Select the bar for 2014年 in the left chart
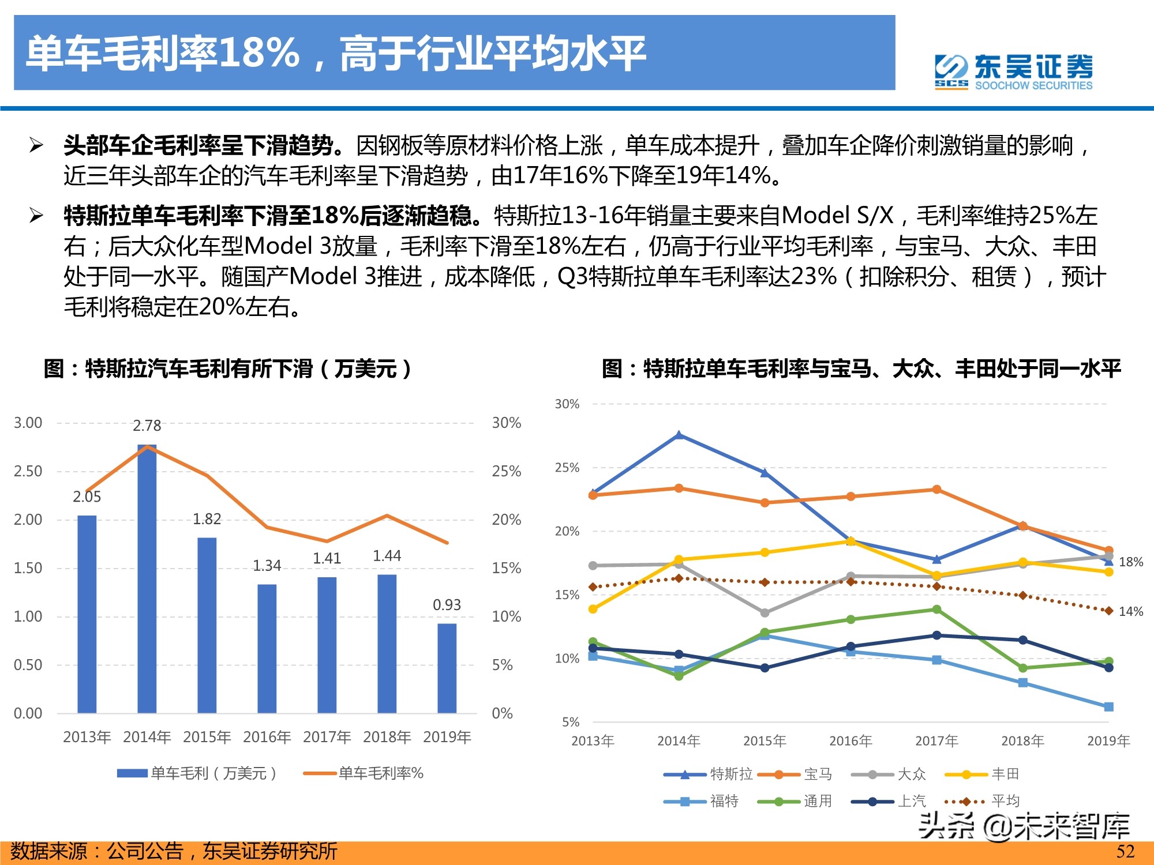tap(147, 577)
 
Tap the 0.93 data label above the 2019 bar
tap(447, 605)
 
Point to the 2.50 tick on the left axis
tap(28, 471)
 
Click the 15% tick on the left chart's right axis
tap(506, 568)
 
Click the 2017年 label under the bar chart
tap(327, 737)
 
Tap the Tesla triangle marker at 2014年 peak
tap(679, 435)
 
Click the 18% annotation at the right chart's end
tap(1130, 562)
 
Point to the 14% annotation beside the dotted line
tap(1130, 611)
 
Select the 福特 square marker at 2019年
tap(1108, 706)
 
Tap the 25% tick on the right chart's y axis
tap(567, 468)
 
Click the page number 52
tap(1125, 852)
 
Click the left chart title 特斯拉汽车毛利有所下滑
tap(227, 368)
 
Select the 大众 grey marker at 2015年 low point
tap(765, 612)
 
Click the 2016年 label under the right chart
tap(850, 741)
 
